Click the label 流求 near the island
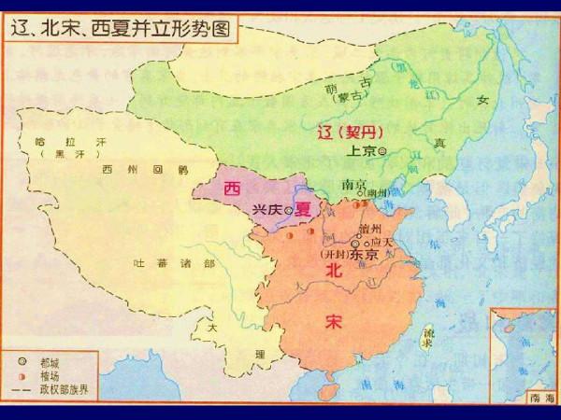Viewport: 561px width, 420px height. click(428, 337)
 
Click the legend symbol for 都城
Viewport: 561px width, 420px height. click(21, 359)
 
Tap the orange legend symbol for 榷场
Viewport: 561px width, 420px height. click(21, 373)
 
